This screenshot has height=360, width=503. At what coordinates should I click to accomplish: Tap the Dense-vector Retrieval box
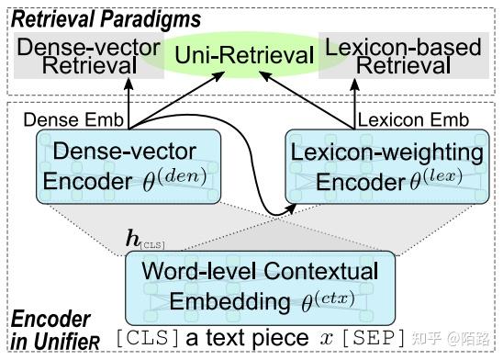click(x=78, y=56)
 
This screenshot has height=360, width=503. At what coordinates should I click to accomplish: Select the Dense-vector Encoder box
click(x=129, y=166)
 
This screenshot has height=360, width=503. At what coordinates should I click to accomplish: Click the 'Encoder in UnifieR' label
click(x=51, y=332)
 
